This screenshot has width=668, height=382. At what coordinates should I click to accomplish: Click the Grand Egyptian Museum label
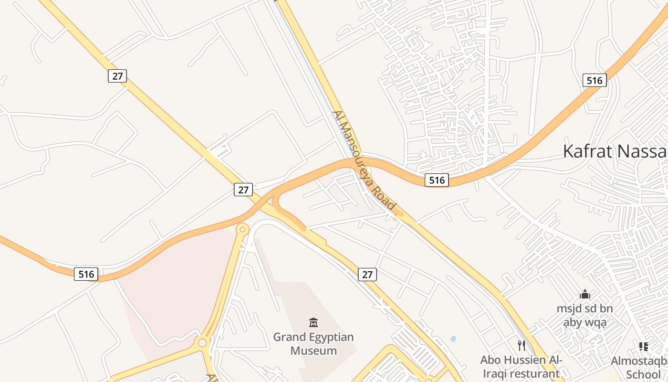pos(313,344)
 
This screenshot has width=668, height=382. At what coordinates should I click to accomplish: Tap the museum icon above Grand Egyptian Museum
pos(313,323)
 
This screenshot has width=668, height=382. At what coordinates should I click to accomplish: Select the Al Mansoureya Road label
pos(365,160)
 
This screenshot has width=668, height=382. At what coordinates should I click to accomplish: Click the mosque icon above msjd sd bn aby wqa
pos(584,295)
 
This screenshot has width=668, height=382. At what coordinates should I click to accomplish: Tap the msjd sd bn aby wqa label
pos(584,316)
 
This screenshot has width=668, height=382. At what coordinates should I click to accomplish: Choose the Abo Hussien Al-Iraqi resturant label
pos(522,366)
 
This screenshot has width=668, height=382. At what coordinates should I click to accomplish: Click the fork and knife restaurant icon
pos(522,345)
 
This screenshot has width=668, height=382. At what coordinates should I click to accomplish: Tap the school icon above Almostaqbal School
pos(643,347)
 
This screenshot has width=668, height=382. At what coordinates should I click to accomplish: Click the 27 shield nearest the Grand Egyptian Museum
pos(367,275)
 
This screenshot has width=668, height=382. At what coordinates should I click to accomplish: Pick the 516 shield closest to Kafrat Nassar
pos(595,81)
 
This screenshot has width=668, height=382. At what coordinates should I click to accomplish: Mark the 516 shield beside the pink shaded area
pos(86,274)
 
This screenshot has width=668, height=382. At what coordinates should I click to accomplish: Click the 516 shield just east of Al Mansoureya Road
pos(437,180)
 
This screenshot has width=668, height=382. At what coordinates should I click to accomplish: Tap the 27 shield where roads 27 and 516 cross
pos(243,190)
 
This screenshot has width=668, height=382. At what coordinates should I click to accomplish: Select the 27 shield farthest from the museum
pos(117,76)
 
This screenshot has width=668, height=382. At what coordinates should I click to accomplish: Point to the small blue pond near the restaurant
pos(453,339)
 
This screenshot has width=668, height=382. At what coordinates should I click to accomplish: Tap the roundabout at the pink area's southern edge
pos(202,342)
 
